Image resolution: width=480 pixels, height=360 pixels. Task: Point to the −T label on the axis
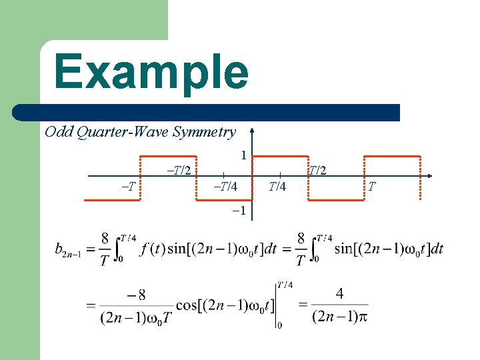click(130, 185)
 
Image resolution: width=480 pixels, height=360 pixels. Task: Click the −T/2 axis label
click(178, 170)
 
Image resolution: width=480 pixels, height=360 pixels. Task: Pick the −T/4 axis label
click(224, 186)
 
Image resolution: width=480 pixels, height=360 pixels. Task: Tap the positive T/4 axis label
click(278, 186)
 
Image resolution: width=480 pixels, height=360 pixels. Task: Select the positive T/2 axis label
click(317, 171)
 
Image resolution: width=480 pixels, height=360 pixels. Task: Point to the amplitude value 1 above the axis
click(244, 155)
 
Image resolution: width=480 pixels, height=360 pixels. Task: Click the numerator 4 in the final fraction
click(339, 293)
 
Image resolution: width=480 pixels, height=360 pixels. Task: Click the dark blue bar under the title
click(220, 113)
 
